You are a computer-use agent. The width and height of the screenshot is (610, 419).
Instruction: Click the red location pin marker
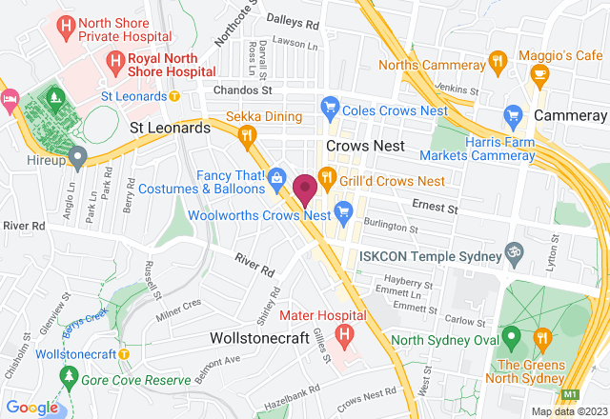(305, 190)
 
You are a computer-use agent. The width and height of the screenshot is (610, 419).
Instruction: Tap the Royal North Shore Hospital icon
(114, 64)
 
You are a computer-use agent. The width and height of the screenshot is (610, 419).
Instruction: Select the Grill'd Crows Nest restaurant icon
(325, 176)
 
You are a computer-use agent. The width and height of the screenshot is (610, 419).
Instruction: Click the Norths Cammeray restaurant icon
(496, 62)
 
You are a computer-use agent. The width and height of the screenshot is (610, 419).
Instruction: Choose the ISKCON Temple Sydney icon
(515, 252)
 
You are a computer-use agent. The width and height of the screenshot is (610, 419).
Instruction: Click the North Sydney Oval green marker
(511, 335)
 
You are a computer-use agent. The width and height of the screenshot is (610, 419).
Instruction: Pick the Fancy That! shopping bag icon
(276, 175)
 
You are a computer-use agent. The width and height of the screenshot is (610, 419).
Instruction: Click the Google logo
(31, 408)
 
